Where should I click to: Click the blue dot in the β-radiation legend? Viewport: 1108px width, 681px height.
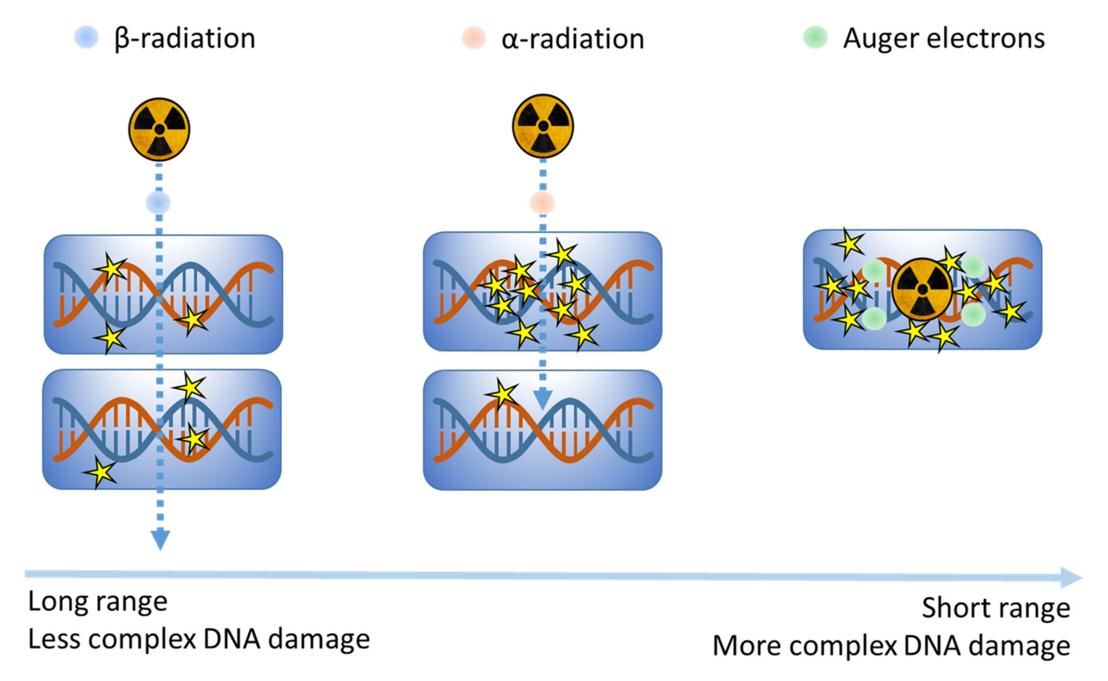pyautogui.click(x=86, y=37)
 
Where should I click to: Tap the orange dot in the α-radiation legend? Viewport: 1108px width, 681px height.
pyautogui.click(x=474, y=38)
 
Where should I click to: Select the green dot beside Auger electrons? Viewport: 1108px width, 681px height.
pyautogui.click(x=815, y=37)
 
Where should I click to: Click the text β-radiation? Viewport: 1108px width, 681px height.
pyautogui.click(x=185, y=39)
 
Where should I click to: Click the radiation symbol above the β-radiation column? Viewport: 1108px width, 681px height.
pyautogui.click(x=159, y=130)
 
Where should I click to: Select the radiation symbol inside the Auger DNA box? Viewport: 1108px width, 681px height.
pyautogui.click(x=922, y=289)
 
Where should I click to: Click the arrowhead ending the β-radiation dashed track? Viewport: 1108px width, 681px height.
pyautogui.click(x=160, y=540)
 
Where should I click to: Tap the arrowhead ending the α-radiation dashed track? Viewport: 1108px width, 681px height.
pyautogui.click(x=543, y=398)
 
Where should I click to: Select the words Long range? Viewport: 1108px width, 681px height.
pyautogui.click(x=98, y=602)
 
